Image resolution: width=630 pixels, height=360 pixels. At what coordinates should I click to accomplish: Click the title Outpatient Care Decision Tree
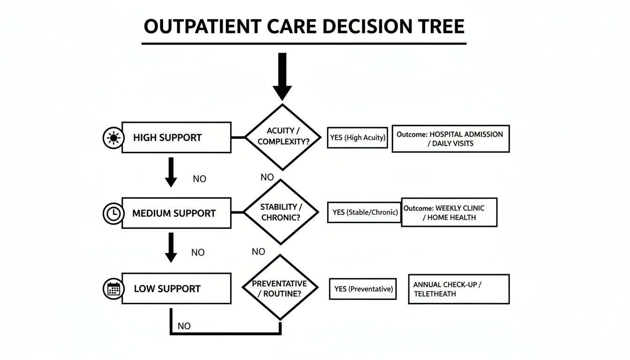pos(304,27)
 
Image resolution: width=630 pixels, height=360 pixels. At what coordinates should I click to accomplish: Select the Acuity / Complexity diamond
pos(282,136)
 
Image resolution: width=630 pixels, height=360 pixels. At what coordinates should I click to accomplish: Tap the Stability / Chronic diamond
pos(281,212)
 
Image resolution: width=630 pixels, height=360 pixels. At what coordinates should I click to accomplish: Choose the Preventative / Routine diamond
pos(280,288)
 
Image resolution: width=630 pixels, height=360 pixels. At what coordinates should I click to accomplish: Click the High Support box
pos(176,137)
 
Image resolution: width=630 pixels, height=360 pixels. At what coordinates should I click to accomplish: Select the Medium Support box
pos(176,213)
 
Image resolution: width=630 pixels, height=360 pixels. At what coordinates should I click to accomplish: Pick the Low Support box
pos(176,289)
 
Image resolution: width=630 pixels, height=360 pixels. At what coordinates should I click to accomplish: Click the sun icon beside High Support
pos(112,138)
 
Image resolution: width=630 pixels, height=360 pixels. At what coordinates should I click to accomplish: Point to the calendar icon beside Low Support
pos(112,289)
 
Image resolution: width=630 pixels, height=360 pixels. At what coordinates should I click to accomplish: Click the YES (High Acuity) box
pos(358,138)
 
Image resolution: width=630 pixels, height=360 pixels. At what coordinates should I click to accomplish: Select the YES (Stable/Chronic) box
pos(365,212)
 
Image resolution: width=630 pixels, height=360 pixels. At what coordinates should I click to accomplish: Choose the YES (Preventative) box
pos(363,289)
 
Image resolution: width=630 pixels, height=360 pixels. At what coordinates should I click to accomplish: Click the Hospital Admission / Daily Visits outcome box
pos(450,139)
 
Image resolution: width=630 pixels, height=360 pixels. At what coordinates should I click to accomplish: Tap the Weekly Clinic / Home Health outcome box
pos(449,212)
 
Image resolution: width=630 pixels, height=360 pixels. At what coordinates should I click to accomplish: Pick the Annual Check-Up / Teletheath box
pos(458,289)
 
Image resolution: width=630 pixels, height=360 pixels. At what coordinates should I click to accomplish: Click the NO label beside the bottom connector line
pos(184,326)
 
